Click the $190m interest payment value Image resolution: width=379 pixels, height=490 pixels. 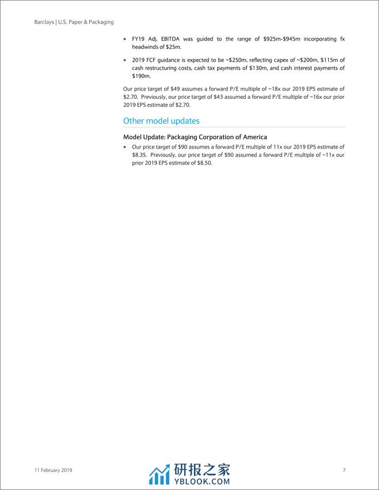tap(141, 77)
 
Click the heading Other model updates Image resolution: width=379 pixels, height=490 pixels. tap(161, 121)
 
